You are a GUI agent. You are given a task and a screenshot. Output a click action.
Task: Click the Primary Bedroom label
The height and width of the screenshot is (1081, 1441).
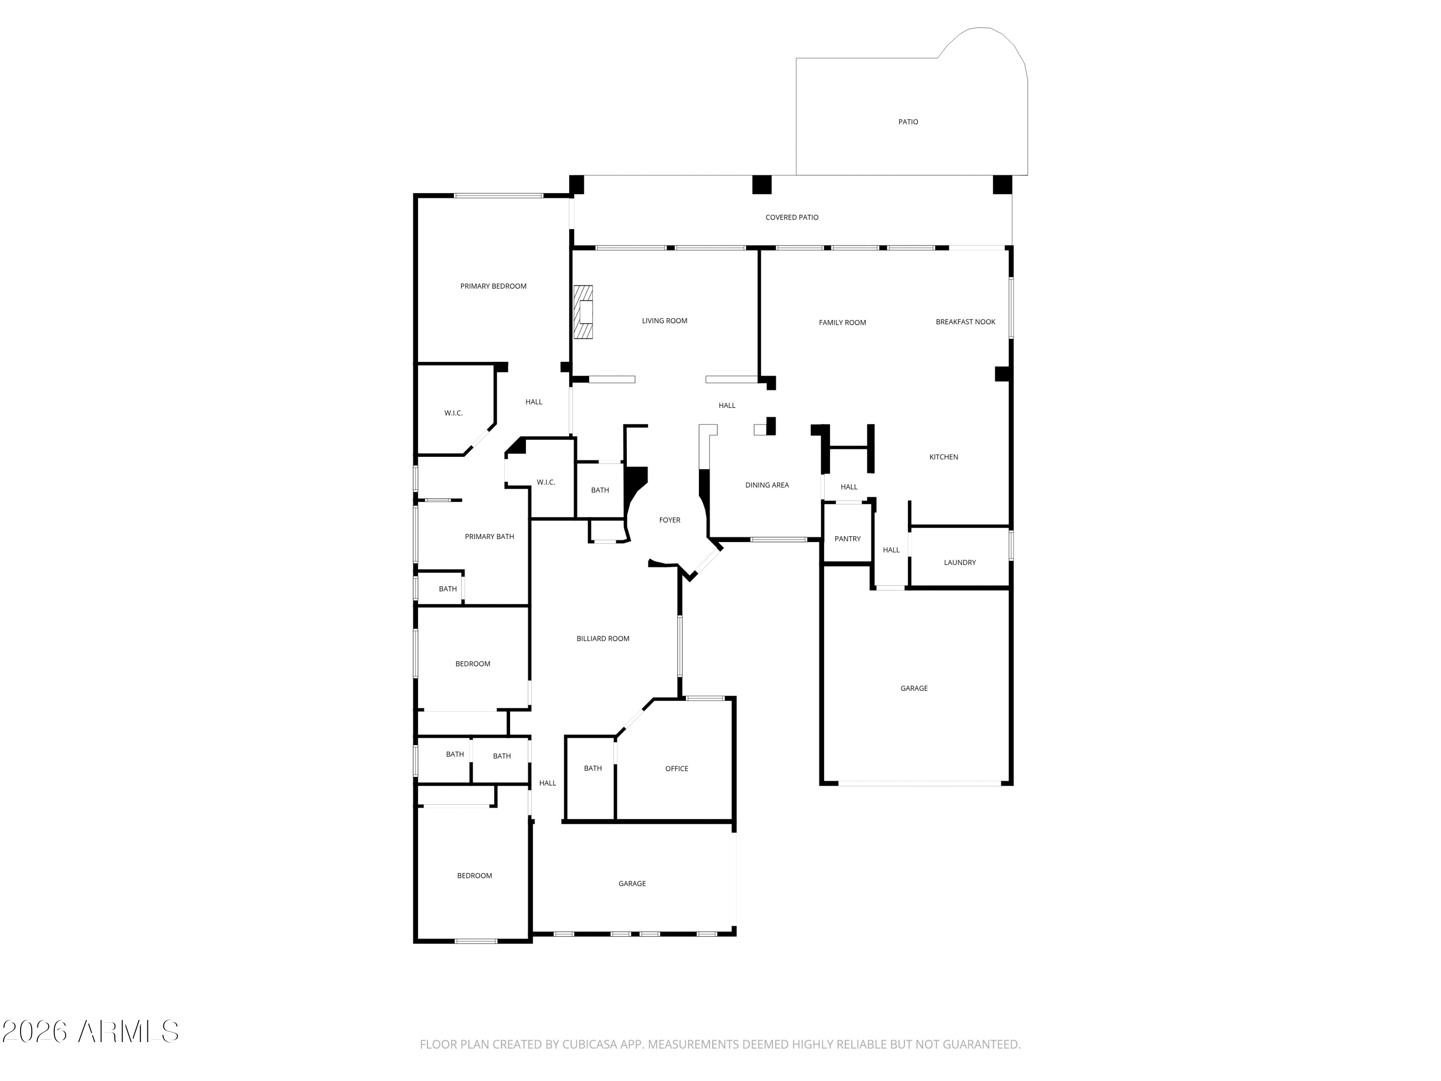[493, 286]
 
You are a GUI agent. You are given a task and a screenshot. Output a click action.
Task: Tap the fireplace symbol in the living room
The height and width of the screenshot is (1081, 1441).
[583, 312]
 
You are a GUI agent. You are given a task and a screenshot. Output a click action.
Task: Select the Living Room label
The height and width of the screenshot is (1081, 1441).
[664, 320]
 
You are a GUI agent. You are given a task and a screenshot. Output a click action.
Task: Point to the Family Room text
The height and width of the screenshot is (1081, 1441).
[843, 322]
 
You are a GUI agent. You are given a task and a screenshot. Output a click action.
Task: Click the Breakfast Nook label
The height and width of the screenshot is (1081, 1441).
[965, 322]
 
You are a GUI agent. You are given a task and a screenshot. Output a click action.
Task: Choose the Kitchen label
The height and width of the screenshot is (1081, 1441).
[943, 457]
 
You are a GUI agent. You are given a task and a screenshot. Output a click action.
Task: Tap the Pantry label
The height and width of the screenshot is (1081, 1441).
[847, 539]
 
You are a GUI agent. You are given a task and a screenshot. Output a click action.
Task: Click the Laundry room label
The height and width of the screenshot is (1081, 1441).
[960, 562]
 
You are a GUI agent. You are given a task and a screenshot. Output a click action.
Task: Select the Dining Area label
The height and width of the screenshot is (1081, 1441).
[767, 485]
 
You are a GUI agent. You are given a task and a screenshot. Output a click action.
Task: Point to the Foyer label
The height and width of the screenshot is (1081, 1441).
[670, 520]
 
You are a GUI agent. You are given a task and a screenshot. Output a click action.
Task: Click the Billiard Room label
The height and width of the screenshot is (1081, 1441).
[603, 639]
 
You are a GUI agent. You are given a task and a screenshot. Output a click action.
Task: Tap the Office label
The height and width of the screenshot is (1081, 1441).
[676, 769]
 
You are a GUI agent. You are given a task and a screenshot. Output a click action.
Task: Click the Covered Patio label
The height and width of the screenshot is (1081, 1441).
[792, 218]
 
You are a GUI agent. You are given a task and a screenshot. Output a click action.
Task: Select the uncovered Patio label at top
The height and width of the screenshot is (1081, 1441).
[908, 122]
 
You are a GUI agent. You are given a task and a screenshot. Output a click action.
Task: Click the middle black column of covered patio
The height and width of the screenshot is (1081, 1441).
[761, 184]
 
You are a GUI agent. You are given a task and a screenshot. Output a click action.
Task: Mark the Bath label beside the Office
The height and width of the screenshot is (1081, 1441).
[593, 768]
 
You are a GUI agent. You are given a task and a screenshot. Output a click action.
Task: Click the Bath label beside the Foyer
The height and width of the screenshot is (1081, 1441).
[600, 490]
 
